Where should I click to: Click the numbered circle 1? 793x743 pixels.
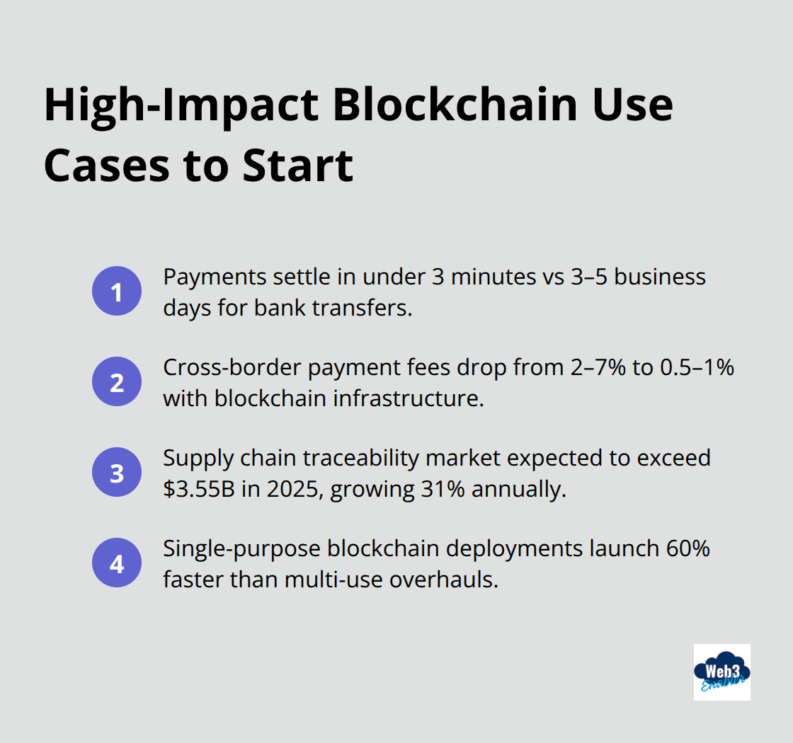coord(117,292)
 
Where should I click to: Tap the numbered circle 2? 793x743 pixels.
coord(117,382)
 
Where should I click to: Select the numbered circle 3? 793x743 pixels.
coord(117,473)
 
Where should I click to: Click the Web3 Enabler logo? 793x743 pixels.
coord(721,672)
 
